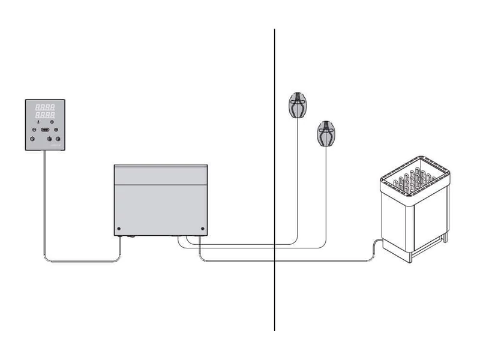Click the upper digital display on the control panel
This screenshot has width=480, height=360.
coord(46,107)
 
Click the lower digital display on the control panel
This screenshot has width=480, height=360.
coord(46,114)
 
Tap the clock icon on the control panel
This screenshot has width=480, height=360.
coord(52,121)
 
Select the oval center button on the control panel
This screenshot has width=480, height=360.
coord(46,129)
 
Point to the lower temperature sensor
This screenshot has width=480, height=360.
coord(326,134)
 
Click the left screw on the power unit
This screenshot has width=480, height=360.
coord(119,229)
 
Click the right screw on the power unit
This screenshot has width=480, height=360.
coord(203,229)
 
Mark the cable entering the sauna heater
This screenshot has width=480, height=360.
coord(376,242)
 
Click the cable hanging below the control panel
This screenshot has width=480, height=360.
coord(44,204)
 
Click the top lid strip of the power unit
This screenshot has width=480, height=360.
coord(160,174)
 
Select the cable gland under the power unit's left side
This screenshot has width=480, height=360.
coord(123,238)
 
